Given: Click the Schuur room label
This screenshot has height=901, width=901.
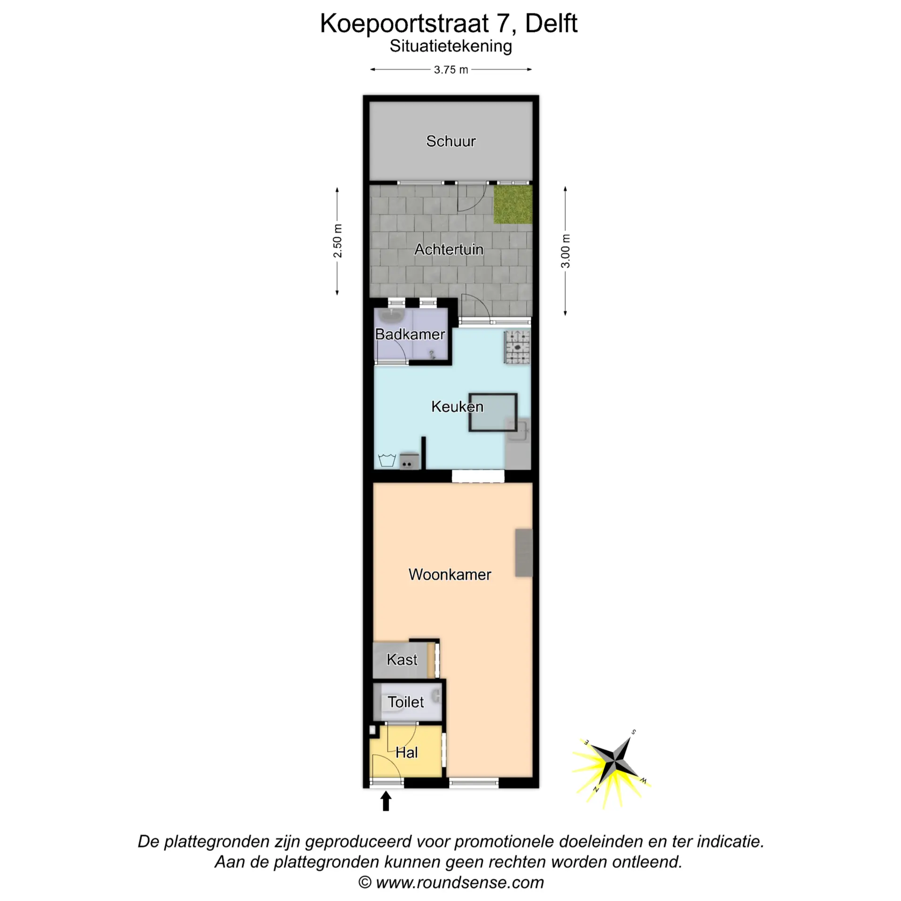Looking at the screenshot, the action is coord(450,141).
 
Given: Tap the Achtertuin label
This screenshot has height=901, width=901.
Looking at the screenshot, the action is coord(449,249).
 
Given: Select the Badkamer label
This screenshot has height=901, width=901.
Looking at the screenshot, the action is coord(410,334).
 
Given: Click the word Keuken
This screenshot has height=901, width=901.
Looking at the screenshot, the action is coord(457,406).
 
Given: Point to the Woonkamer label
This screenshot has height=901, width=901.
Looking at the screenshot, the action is coord(450,574).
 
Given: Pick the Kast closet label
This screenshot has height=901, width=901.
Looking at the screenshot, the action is coord(402,659).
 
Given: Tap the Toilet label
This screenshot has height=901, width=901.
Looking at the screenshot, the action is coord(405,702).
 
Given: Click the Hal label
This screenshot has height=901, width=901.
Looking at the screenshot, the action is coord(406,752).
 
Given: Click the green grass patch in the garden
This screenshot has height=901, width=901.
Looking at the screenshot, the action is coord(513,205).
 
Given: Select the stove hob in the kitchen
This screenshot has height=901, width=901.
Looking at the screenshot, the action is coord(517,348).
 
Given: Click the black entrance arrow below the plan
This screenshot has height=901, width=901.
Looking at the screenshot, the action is coord(386,801).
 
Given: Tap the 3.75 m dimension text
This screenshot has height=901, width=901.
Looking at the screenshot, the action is coord(450,70).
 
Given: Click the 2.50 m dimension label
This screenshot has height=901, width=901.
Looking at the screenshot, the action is coord(337,241).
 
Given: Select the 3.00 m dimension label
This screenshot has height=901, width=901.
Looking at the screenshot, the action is coord(565,251).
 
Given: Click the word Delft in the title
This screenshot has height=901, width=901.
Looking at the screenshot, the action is coord(551,23).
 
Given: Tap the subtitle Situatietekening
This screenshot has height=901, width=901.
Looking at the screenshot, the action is coord(450,46).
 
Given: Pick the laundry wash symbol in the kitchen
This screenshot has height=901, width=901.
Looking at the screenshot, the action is coord(387,460).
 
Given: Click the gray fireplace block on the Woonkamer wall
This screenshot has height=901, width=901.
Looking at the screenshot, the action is coord(524,553).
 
